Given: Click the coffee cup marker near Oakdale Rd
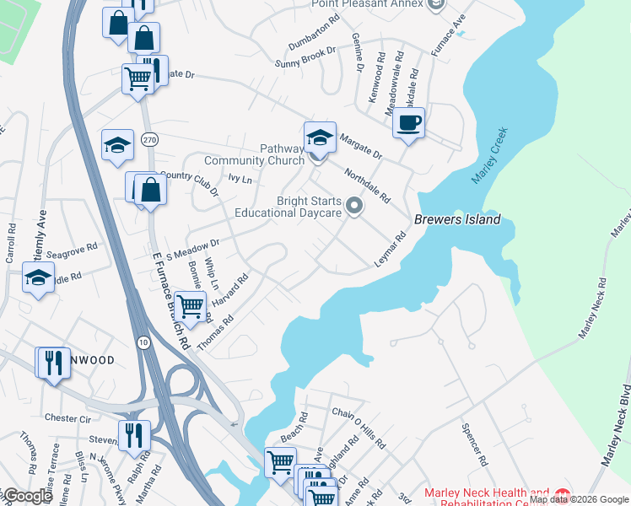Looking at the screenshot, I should point(408,123).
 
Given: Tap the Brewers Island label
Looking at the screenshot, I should point(457,219).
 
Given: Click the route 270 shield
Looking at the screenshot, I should point(149,139).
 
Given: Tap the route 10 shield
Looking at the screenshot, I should point(143,342).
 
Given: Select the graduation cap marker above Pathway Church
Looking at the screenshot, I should point(320,136).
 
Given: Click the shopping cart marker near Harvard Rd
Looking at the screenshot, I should point(191,305).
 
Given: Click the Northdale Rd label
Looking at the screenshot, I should point(367,185).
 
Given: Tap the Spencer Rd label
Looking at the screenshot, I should point(475,444).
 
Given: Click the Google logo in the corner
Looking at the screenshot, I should point(27,496).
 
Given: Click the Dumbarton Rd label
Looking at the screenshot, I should point(314,32).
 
